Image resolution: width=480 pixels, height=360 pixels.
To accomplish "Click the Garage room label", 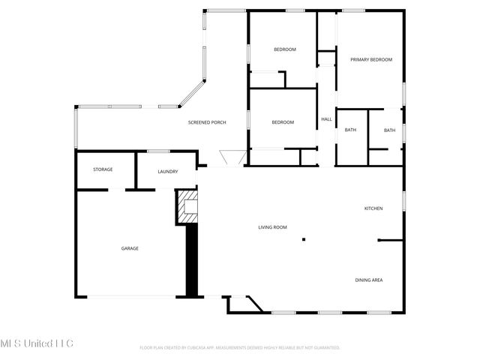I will coord(130,248).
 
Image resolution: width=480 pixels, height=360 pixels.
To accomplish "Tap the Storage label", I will coord(103,169).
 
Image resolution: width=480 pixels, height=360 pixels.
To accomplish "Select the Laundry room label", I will coord(168,172).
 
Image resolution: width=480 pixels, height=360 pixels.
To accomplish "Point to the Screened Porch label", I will coord(207,122).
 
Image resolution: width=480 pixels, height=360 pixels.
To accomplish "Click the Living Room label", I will coord(273,227).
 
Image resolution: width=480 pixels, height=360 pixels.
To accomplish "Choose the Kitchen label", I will coord(373,208).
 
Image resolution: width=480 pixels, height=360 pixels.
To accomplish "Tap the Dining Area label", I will coord(369,280).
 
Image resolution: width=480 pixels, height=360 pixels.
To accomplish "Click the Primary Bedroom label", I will coord(371,60).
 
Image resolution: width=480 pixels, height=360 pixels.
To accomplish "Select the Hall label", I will coord(327,119).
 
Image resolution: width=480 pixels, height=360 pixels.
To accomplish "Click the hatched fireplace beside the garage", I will coord(187,206).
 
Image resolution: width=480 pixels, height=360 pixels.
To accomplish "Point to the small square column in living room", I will coord(304,240).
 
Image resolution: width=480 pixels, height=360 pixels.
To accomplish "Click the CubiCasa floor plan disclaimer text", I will coord(240,348).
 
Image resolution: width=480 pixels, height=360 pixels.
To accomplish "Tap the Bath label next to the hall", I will coord(350,130).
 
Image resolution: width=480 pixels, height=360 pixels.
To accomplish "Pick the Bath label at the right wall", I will coord(389,130).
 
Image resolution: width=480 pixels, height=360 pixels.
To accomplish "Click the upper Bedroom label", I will coord(285,49).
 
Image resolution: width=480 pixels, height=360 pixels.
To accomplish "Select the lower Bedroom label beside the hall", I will coord(283,122).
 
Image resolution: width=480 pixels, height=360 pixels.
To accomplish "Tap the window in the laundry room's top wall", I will coord(158,152).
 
